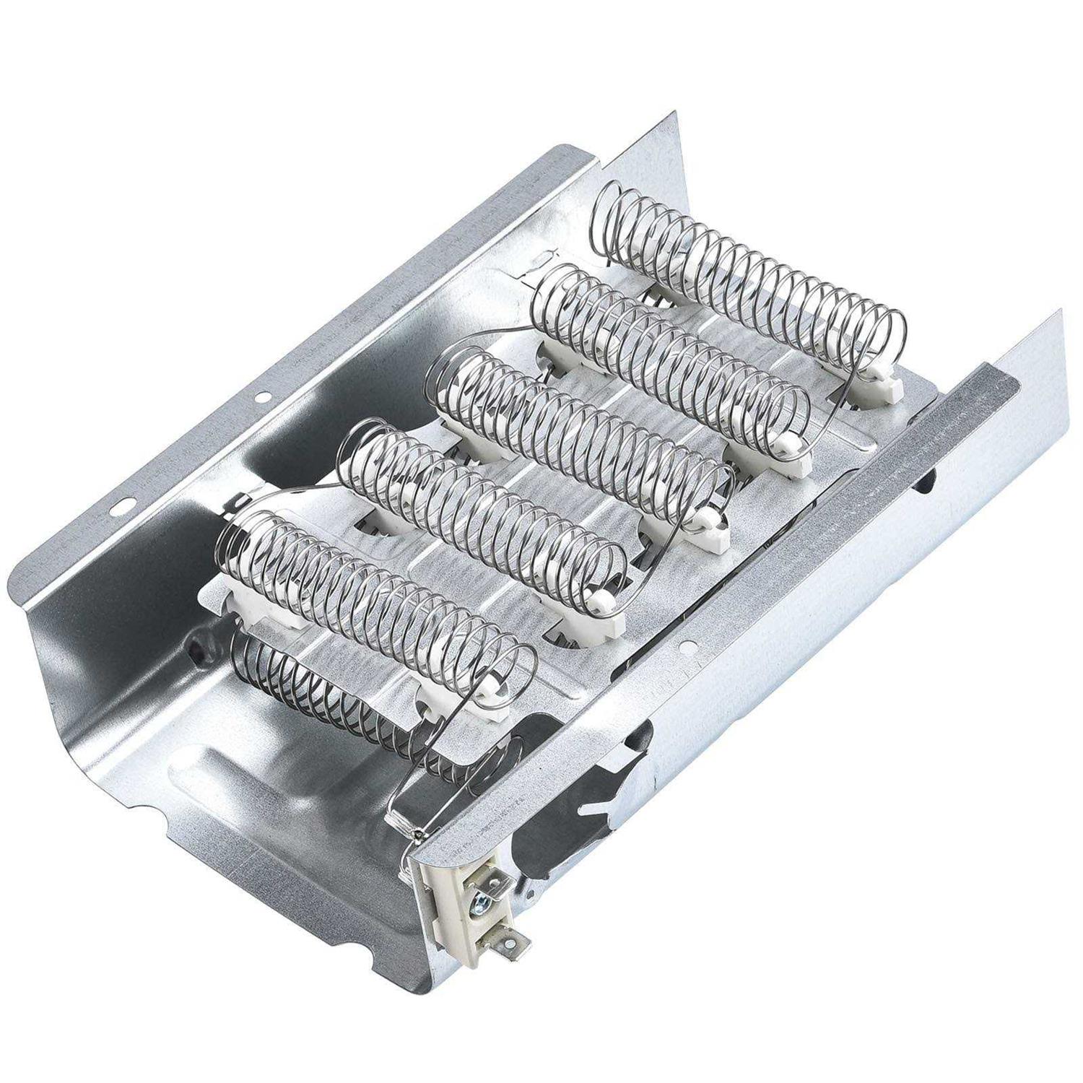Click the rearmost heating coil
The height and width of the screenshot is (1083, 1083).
(751, 289)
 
